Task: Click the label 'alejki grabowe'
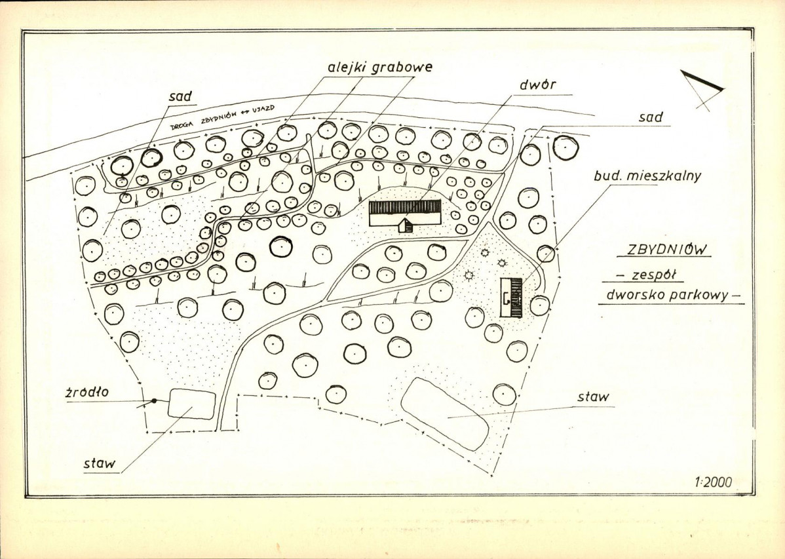[380, 67]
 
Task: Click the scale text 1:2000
[713, 482]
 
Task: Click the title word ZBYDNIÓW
[663, 250]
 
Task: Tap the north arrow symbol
[702, 88]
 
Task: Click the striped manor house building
[404, 210]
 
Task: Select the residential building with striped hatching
[511, 297]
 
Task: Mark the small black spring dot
[154, 401]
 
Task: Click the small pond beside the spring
[191, 404]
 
